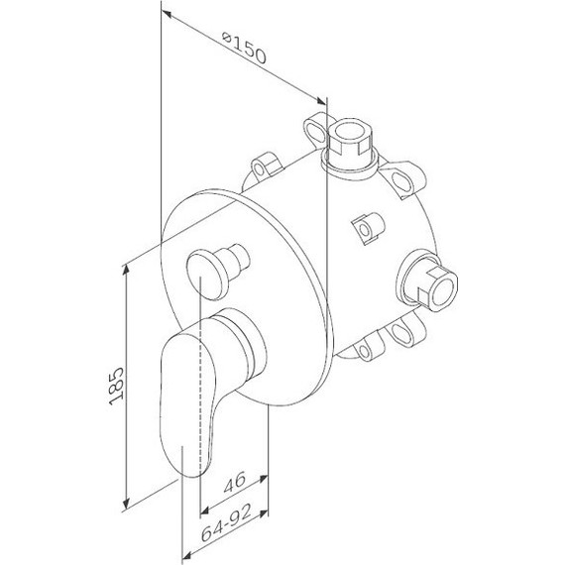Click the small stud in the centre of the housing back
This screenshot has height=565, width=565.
(369, 227)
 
